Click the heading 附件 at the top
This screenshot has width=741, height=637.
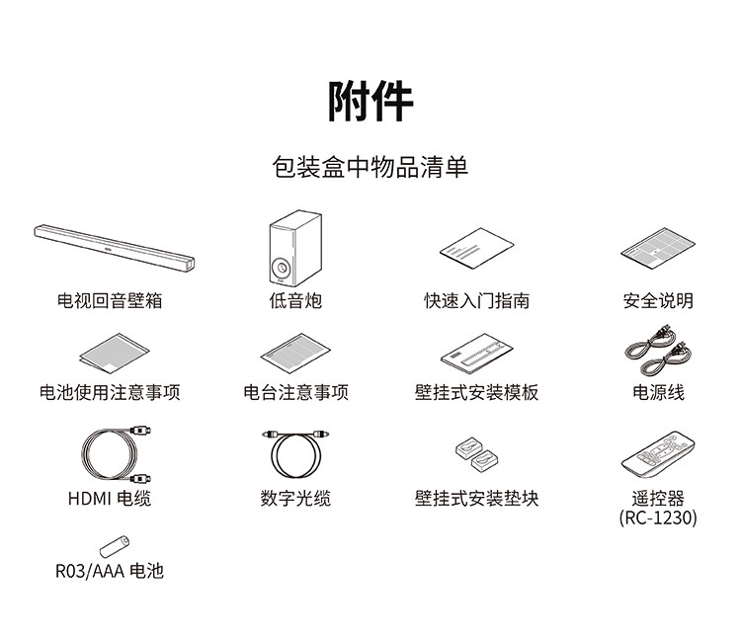click(370, 101)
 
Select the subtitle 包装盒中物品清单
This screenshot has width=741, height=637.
click(370, 167)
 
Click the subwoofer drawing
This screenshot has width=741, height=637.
click(295, 251)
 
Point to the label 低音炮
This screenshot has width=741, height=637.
click(295, 300)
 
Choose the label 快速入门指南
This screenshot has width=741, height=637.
click(476, 300)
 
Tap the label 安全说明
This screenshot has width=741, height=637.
click(658, 300)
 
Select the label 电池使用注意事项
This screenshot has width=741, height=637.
click(111, 392)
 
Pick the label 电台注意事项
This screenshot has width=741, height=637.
click(295, 392)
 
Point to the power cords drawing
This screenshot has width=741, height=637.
click(657, 350)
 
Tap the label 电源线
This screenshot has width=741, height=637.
click(658, 392)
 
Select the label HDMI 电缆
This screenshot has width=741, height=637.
click(110, 499)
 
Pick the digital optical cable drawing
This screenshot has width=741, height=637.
click(294, 455)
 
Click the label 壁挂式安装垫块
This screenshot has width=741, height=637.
click(476, 499)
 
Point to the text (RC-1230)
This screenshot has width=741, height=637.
click(658, 518)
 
